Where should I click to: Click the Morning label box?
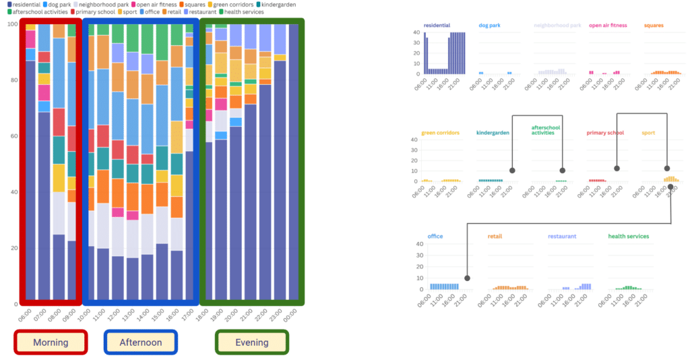click(51, 342)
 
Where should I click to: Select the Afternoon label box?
click(141, 342)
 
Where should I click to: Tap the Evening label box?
click(252, 342)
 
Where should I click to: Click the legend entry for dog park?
click(57, 5)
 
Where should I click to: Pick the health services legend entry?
click(241, 12)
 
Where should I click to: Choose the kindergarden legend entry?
click(276, 5)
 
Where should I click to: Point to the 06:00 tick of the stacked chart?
click(26, 315)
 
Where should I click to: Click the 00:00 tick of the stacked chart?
click(290, 315)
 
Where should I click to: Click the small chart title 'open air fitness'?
click(608, 25)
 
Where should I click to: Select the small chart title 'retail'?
click(495, 237)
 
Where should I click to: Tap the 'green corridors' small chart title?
click(440, 132)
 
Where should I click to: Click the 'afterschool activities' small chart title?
click(546, 130)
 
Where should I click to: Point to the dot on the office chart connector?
click(468, 278)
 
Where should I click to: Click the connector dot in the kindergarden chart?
click(512, 171)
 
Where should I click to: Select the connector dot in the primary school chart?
click(617, 169)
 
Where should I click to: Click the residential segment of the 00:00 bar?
click(294, 162)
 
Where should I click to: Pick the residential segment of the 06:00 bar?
click(30, 180)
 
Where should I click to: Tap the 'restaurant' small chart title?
click(562, 237)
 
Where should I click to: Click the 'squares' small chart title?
click(654, 25)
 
